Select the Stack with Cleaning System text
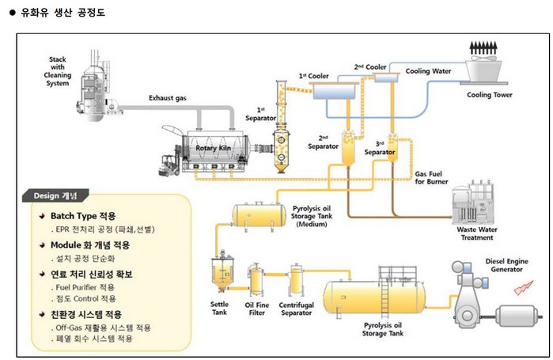(x=58, y=72)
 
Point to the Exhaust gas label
(x=169, y=99)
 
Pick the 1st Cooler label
(x=313, y=76)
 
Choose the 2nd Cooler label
(x=369, y=67)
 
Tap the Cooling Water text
(x=428, y=71)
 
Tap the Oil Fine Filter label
(x=258, y=309)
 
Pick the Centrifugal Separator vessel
(x=297, y=279)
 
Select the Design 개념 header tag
(x=61, y=195)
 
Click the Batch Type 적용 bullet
(x=82, y=215)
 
